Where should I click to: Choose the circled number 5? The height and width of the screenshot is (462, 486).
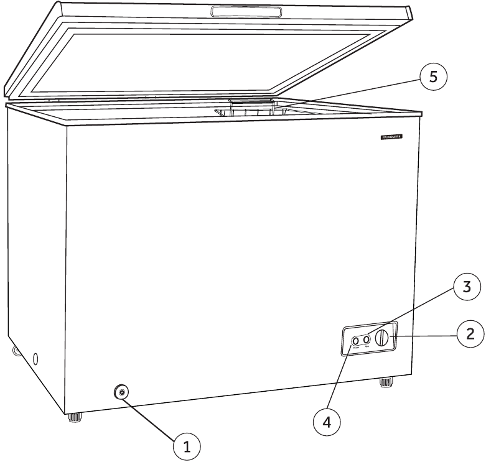pos(433,76)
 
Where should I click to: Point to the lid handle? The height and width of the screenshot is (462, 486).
pos(246,12)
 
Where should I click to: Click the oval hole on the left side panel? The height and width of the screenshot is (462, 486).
pos(35,359)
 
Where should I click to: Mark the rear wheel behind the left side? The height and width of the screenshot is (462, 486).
pos(15,352)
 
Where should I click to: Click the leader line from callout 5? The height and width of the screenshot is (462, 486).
pos(348,91)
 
